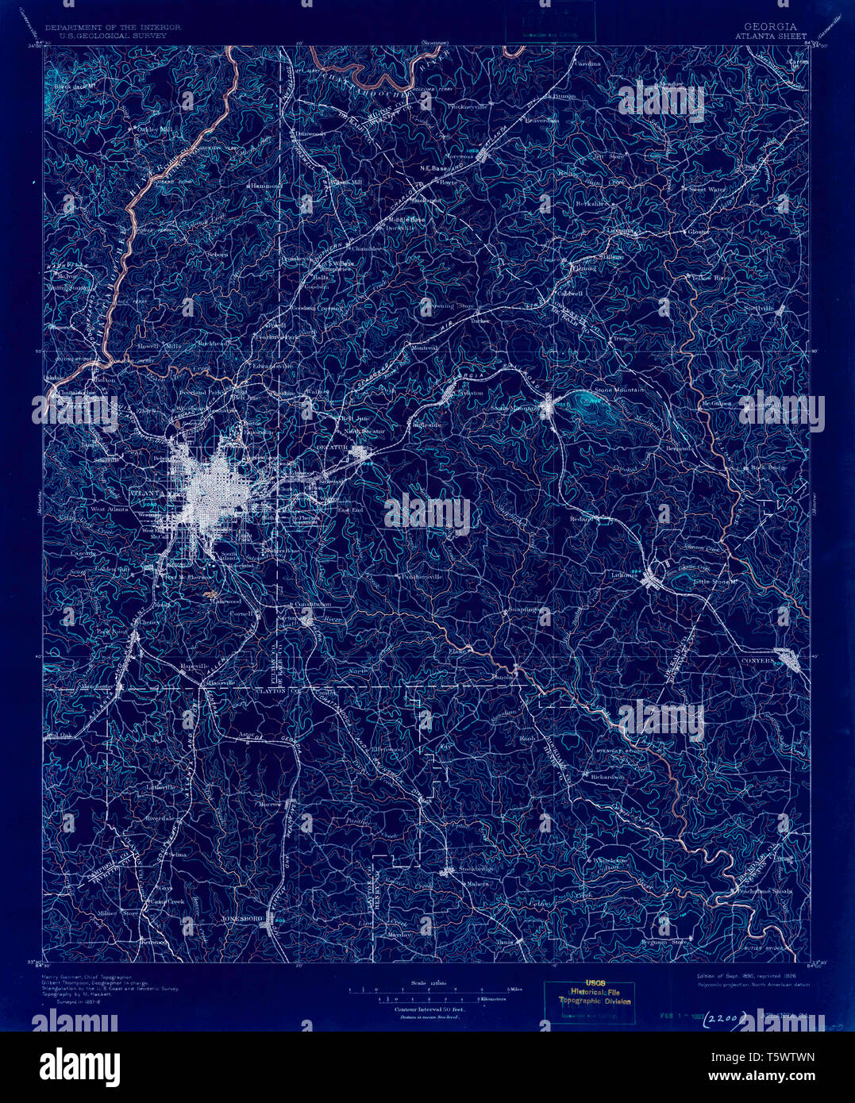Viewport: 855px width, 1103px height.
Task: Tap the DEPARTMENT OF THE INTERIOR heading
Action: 113,27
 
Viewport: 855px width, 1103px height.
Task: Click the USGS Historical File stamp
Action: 595,997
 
